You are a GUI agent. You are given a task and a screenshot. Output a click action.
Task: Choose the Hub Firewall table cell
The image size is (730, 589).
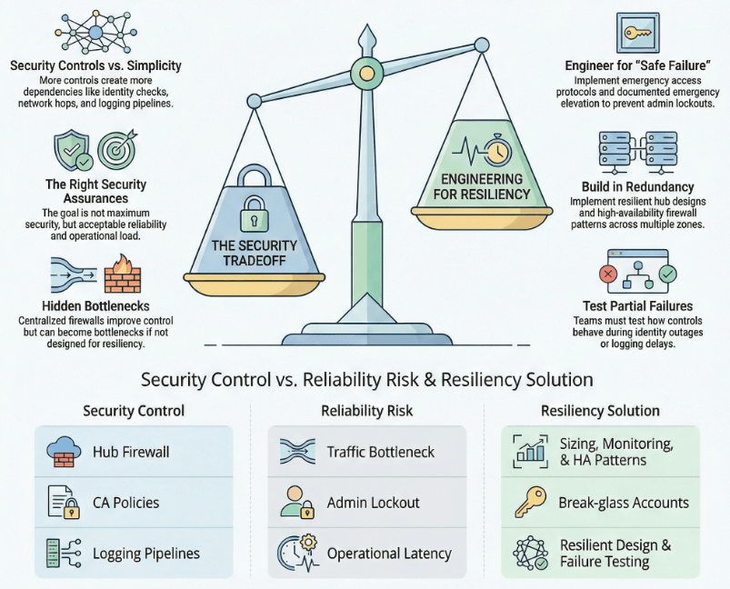[x=133, y=451]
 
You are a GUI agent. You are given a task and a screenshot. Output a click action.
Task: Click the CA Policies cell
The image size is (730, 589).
[x=133, y=503]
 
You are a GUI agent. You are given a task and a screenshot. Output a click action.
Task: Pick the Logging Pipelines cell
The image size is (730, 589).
[x=133, y=554]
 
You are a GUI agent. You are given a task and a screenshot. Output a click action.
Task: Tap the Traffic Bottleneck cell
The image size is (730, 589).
[x=366, y=451]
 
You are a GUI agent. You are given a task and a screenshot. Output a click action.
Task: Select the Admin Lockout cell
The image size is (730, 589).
[x=366, y=503]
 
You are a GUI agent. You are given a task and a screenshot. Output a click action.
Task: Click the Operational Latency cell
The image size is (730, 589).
[x=366, y=554]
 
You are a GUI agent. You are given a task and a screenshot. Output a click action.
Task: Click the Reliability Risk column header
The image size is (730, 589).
[x=366, y=411]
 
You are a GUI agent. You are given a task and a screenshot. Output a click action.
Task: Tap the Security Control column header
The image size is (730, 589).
[x=133, y=411]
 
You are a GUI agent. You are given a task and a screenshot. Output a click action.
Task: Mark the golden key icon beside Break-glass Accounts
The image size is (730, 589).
[x=529, y=503]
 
